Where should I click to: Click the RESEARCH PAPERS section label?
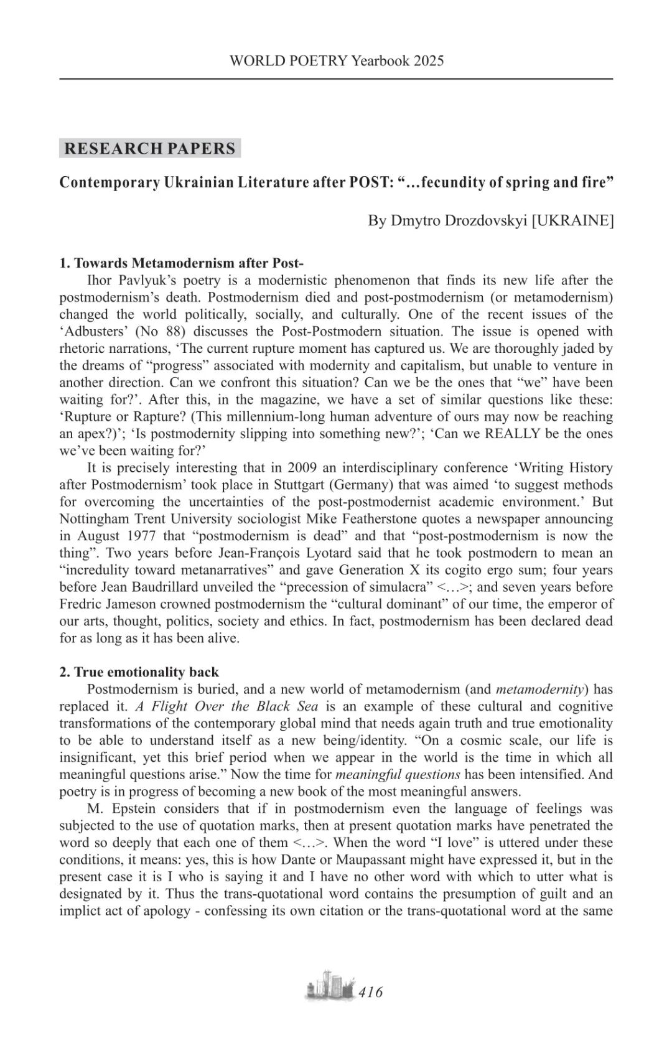click(150, 148)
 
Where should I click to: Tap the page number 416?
click(371, 992)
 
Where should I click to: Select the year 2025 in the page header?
click(429, 60)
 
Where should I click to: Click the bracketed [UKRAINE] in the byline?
click(572, 220)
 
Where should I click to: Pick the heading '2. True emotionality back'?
click(139, 672)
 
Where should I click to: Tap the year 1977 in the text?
click(141, 536)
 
